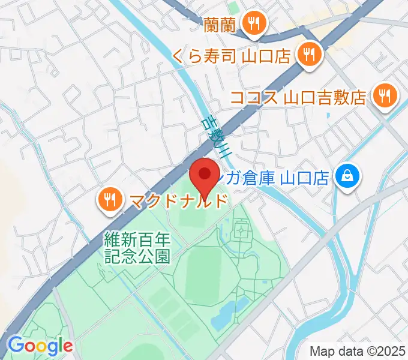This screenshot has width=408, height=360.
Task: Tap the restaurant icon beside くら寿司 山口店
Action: pyautogui.click(x=309, y=56)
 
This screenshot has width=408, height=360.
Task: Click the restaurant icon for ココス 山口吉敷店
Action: pyautogui.click(x=383, y=95)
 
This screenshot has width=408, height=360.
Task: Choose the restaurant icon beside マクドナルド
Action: pyautogui.click(x=109, y=200)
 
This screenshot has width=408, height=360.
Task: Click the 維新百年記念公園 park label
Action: pyautogui.click(x=137, y=248)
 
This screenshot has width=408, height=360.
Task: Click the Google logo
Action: pyautogui.click(x=40, y=346)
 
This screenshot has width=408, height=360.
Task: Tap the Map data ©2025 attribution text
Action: pyautogui.click(x=356, y=350)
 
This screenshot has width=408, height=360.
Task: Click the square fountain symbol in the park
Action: pyautogui.click(x=241, y=229)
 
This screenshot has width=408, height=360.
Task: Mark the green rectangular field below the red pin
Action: pyautogui.click(x=191, y=218)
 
